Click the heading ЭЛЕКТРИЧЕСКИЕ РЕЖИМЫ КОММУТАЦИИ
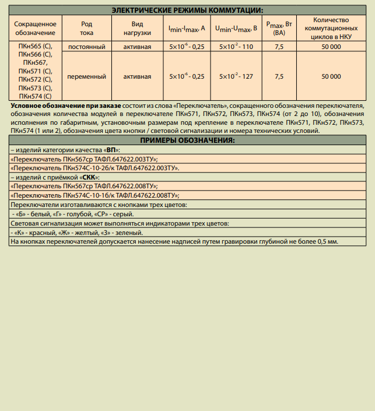[x=187, y=10]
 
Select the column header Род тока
[x=86, y=29]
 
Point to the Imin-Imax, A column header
[x=187, y=28]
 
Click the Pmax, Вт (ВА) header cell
[x=279, y=29]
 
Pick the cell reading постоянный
[x=86, y=46]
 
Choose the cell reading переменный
[x=86, y=76]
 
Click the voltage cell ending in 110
[x=236, y=46]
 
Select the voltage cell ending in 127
[x=236, y=76]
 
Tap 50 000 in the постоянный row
[x=331, y=46]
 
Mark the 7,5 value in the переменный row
[x=279, y=76]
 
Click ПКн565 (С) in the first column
[x=36, y=46]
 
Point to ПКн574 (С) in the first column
[x=36, y=96]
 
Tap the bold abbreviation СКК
[x=90, y=177]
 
